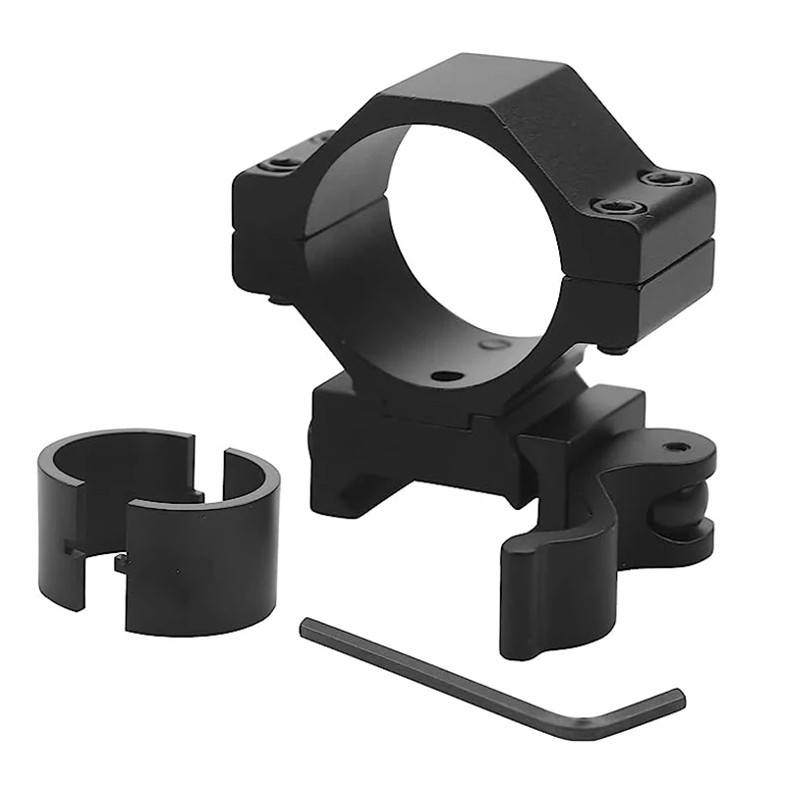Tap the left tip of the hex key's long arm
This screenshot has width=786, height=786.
coord(308,626)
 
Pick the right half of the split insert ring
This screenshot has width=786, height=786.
coord(206,550)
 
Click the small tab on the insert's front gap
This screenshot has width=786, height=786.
coord(121,563)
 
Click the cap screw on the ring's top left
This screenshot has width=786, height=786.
coord(285,161)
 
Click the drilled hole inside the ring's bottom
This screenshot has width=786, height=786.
coord(446,375)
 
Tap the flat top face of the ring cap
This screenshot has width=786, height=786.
coord(511,108)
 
